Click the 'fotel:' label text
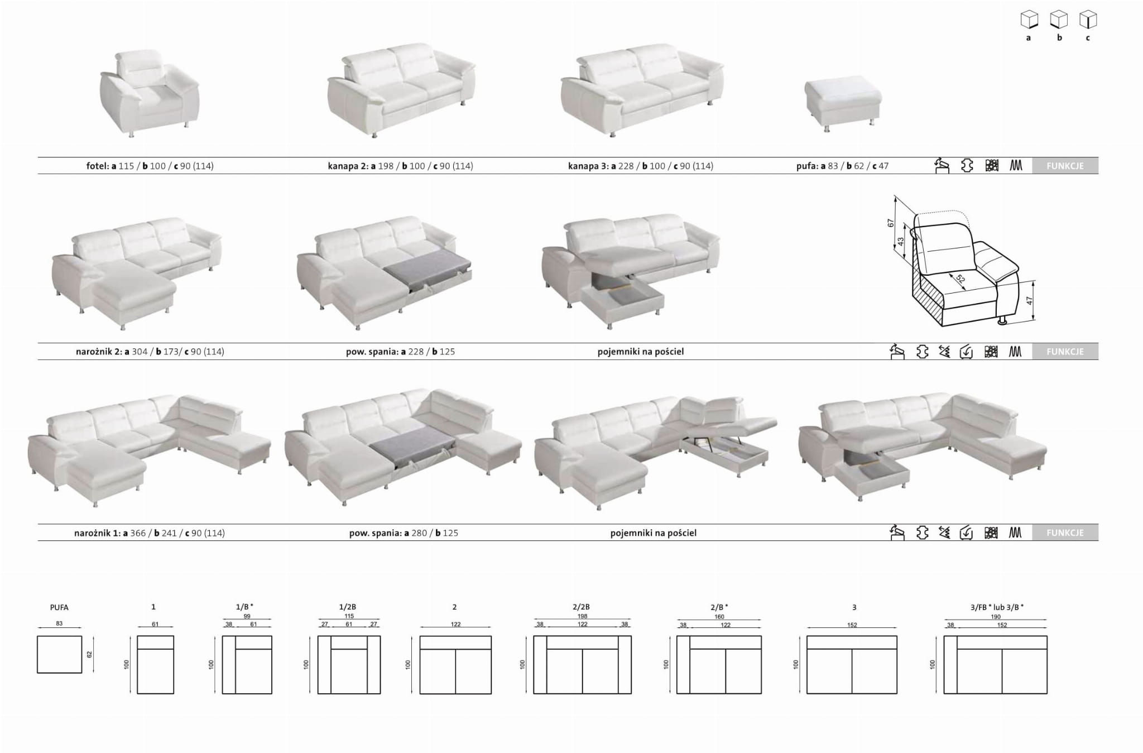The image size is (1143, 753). point(98,166)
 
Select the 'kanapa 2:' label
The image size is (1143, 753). point(348,166)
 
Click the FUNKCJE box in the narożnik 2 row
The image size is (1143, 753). point(1064,352)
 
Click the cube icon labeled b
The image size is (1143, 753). point(1059,20)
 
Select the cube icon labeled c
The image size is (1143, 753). point(1088,20)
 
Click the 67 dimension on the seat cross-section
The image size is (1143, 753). point(891,223)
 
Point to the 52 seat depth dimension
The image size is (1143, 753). point(960,279)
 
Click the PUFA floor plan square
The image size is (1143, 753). point(60,654)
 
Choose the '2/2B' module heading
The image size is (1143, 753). point(582,607)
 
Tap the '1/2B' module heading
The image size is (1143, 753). point(347,607)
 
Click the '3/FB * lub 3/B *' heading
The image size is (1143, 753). point(996,607)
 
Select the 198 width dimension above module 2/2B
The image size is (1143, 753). point(582,616)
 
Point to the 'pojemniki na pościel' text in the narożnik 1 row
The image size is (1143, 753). point(653,533)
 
